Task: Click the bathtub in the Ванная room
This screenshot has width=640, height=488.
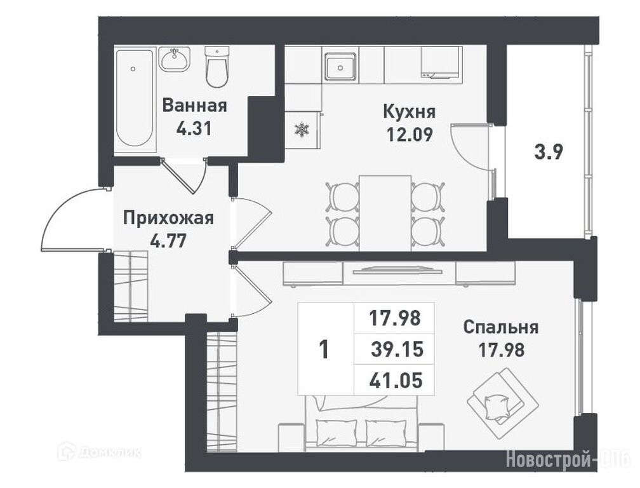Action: (x=135, y=99)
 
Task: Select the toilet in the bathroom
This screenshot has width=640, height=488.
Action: (x=217, y=67)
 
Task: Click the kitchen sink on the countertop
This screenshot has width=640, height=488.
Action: (x=340, y=66)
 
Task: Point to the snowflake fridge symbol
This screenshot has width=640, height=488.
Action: (x=302, y=130)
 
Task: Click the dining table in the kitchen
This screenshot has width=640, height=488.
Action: (x=385, y=213)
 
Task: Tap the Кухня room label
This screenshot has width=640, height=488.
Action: (x=410, y=111)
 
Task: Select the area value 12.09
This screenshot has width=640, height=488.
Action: (x=410, y=134)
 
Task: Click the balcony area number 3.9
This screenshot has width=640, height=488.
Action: (x=549, y=152)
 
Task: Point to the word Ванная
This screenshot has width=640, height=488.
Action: (x=195, y=105)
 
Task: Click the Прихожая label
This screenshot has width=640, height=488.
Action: (x=169, y=218)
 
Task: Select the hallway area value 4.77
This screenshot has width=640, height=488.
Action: (x=169, y=241)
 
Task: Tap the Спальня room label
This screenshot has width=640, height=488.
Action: (x=501, y=327)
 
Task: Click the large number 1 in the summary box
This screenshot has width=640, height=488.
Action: (x=324, y=349)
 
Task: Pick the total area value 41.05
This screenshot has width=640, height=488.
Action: (x=396, y=381)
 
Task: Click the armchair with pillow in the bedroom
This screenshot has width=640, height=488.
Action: (x=503, y=403)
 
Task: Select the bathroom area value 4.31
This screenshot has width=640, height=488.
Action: (x=194, y=128)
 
